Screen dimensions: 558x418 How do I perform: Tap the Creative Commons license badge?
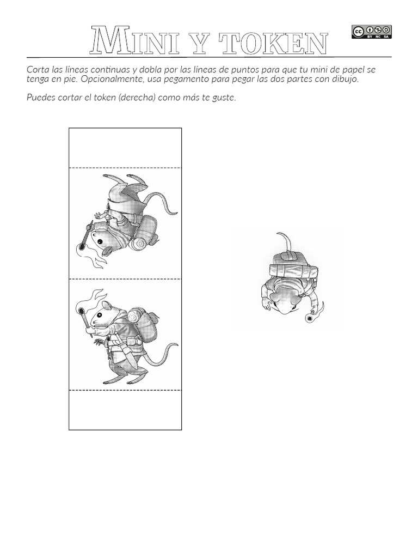pos(364,32)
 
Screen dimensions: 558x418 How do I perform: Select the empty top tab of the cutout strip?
pos(125,147)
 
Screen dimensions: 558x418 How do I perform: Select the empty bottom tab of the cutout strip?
pos(125,410)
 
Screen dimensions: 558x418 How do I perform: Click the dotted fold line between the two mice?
pos(125,278)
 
